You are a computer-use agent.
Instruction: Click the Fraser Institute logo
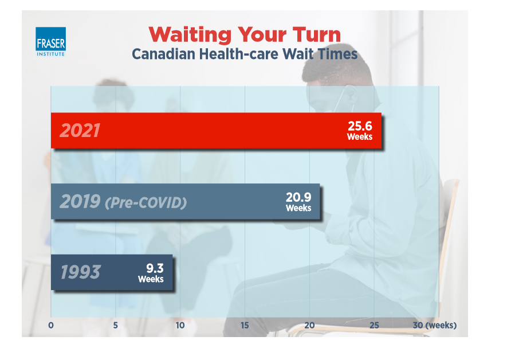point(50,42)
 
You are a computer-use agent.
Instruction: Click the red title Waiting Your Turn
point(244,34)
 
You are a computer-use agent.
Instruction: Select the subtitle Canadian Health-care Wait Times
point(245,54)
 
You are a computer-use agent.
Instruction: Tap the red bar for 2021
point(216,131)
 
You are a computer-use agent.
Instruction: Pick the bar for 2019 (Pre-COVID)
point(185,201)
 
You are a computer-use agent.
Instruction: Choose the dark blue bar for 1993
point(112,272)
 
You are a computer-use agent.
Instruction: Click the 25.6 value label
point(360,130)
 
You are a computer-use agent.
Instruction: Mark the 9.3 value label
point(151,271)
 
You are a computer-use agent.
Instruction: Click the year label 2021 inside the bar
point(80,131)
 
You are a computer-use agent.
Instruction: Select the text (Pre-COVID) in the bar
point(146,202)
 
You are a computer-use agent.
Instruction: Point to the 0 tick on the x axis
point(51,326)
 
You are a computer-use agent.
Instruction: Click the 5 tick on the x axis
point(116,326)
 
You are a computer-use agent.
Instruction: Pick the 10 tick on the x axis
point(180,326)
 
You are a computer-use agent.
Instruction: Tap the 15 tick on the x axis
point(245,326)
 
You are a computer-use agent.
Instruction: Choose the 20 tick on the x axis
point(309,326)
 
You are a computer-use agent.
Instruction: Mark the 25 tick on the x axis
point(374,326)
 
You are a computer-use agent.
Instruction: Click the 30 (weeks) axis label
point(435,326)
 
